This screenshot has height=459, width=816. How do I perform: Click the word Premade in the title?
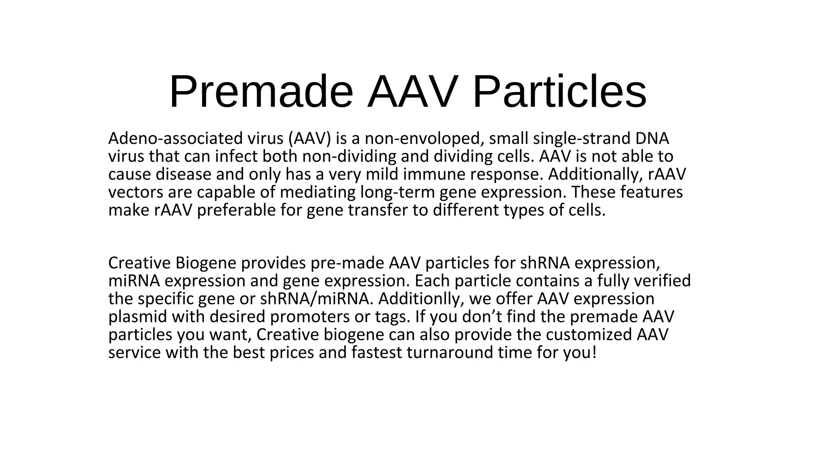(261, 92)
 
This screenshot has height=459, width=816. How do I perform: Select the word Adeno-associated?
(175, 139)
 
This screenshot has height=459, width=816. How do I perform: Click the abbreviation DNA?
(652, 139)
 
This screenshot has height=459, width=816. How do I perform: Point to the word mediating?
(318, 192)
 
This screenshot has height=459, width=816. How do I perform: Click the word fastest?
(377, 353)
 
